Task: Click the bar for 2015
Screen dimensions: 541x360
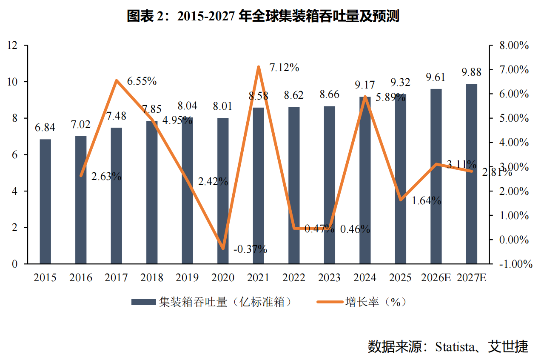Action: click(46, 202)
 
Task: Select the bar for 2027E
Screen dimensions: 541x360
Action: click(471, 174)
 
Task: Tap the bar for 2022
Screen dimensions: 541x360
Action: click(294, 185)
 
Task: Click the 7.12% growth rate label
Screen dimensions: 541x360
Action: click(284, 68)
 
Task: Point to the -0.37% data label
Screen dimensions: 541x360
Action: click(250, 249)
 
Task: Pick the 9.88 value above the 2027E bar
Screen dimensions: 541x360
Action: click(471, 72)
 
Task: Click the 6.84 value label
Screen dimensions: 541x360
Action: click(45, 128)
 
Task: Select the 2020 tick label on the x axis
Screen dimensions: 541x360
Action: click(223, 277)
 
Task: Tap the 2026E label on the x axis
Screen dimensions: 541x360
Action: click(436, 277)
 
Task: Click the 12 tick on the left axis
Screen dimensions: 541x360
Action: click(12, 46)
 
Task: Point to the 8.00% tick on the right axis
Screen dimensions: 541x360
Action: click(514, 46)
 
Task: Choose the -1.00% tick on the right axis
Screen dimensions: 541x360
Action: click(515, 264)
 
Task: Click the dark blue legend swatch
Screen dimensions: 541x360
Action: click(143, 302)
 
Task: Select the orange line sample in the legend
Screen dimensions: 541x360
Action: click(330, 302)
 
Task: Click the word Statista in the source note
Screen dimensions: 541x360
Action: click(455, 347)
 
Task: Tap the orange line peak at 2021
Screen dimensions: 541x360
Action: click(259, 67)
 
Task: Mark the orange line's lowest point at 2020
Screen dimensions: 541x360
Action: click(223, 249)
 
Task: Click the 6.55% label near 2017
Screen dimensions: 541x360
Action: click(142, 81)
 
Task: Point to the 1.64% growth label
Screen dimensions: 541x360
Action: click(426, 200)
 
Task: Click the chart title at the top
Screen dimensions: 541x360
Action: click(263, 16)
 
